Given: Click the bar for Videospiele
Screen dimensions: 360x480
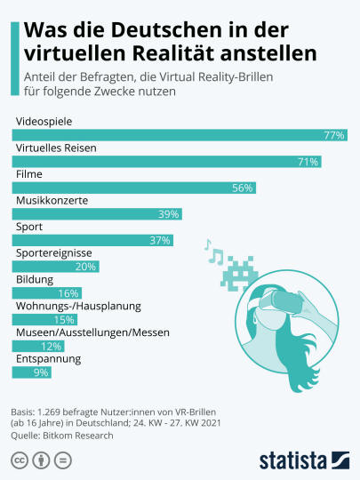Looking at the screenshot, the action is (180, 135).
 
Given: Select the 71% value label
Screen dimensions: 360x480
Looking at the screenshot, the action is (308, 162).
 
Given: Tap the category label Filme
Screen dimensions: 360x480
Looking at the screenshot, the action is (29, 174).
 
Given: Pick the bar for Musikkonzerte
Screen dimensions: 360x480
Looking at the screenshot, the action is (97, 214).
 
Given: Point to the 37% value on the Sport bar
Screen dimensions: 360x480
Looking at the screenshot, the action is (160, 240).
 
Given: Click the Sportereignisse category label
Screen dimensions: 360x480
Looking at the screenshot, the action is (54, 253).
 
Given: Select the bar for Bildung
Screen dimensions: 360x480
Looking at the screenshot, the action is (47, 293).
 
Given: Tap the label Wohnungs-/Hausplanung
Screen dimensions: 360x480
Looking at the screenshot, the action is (78, 306).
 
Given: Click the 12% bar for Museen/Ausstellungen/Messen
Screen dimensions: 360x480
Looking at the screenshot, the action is (38, 346).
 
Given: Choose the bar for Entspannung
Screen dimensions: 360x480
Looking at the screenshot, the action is (32, 372).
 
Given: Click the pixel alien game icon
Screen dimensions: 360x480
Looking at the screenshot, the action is (239, 274).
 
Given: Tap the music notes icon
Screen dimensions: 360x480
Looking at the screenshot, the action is (213, 251).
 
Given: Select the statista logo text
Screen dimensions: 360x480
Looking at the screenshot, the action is (293, 460).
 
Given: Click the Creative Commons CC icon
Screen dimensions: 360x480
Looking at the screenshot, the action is (20, 460).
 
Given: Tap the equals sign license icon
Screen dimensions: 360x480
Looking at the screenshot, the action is (63, 460).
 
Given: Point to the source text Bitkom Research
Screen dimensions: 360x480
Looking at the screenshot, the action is (78, 436).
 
